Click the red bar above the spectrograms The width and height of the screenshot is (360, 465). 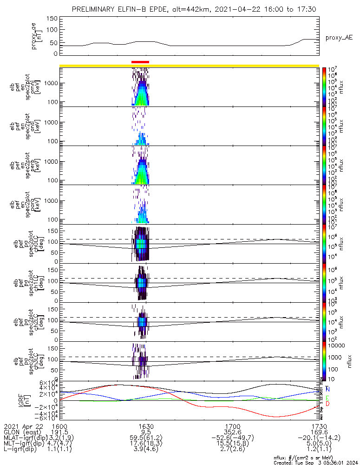[x=140, y=61]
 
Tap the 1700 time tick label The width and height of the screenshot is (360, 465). [x=232, y=426]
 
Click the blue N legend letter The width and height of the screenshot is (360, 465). [x=328, y=389]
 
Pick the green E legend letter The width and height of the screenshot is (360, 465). [x=328, y=398]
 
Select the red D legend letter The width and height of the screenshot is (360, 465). [x=328, y=404]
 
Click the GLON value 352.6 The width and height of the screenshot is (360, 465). [x=232, y=432]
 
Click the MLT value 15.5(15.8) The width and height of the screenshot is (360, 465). [x=232, y=444]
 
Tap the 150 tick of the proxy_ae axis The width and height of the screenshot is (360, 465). [x=52, y=18]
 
